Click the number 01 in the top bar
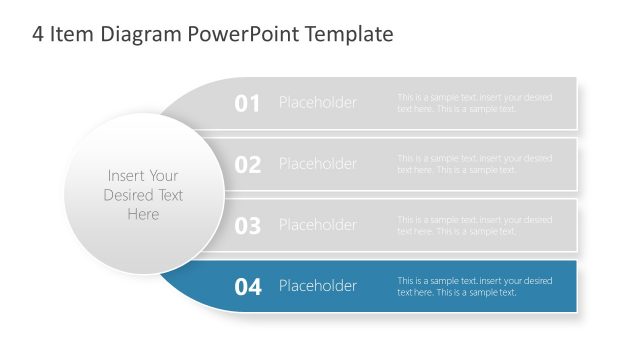(247, 103)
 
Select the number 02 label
(247, 165)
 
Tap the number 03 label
(247, 226)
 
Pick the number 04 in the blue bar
(247, 287)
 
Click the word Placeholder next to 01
(317, 103)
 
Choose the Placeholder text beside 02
(317, 164)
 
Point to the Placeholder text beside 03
(317, 225)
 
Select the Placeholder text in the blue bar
(317, 286)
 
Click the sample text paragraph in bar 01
(474, 103)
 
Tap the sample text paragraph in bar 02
(474, 164)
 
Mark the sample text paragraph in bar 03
(474, 225)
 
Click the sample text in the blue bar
(474, 286)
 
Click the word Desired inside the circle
(129, 195)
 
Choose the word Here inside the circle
(143, 214)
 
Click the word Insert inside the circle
(126, 176)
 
